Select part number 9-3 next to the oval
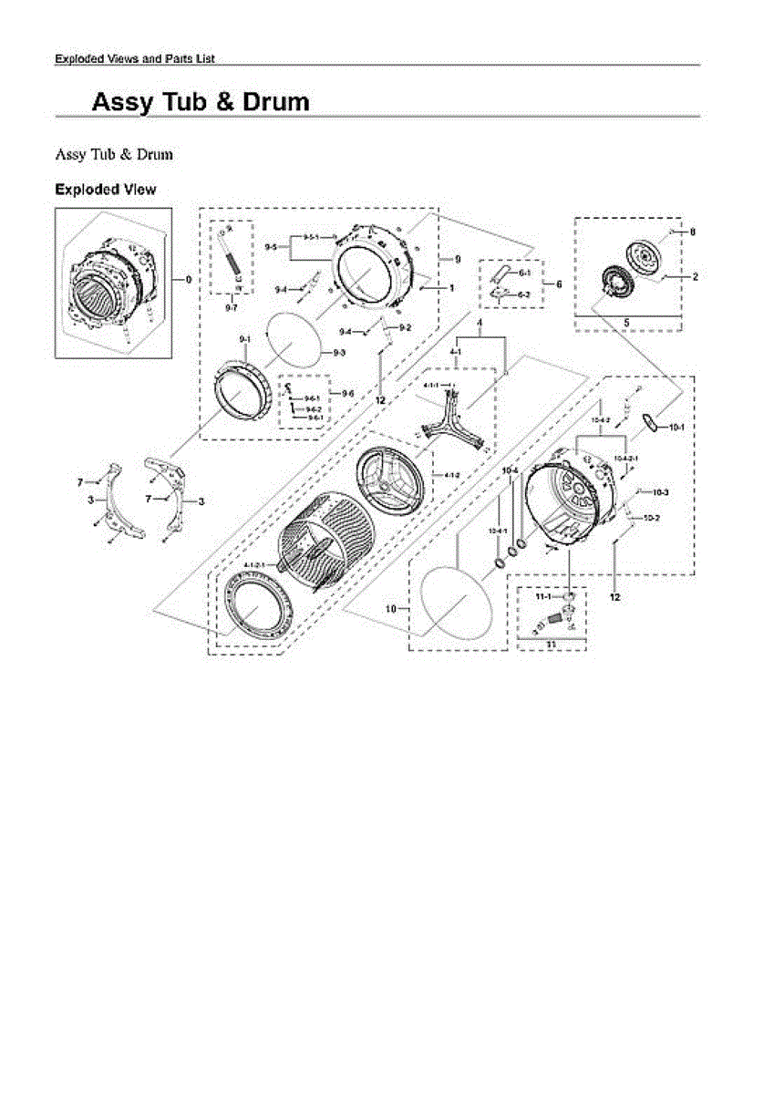pyautogui.click(x=338, y=353)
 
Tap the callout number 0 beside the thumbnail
pyautogui.click(x=188, y=280)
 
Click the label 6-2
pyautogui.click(x=524, y=294)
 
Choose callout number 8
pyautogui.click(x=692, y=232)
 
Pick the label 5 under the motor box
pyautogui.click(x=626, y=322)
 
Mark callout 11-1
pyautogui.click(x=543, y=595)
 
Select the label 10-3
pyautogui.click(x=661, y=492)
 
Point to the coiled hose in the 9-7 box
pyautogui.click(x=232, y=262)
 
